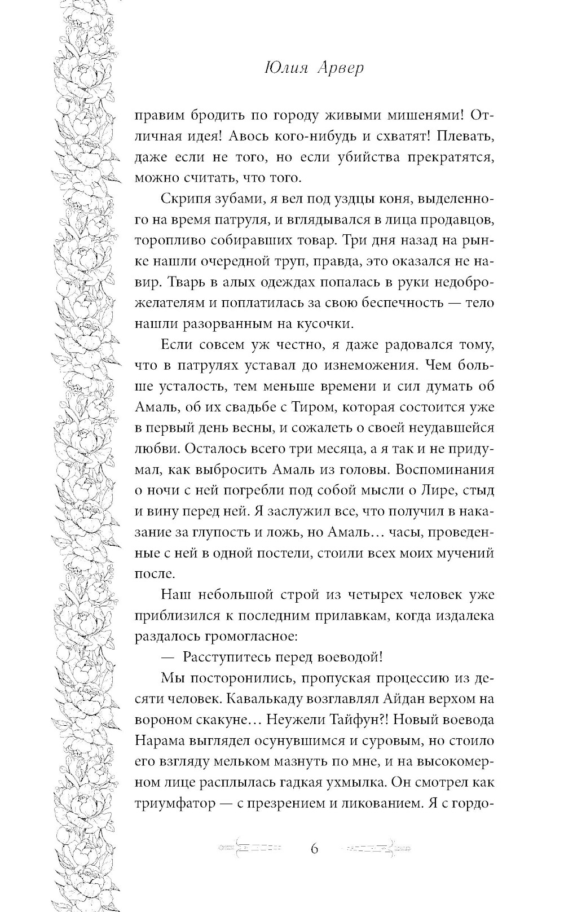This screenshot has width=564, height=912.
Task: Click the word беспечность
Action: click(393, 302)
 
